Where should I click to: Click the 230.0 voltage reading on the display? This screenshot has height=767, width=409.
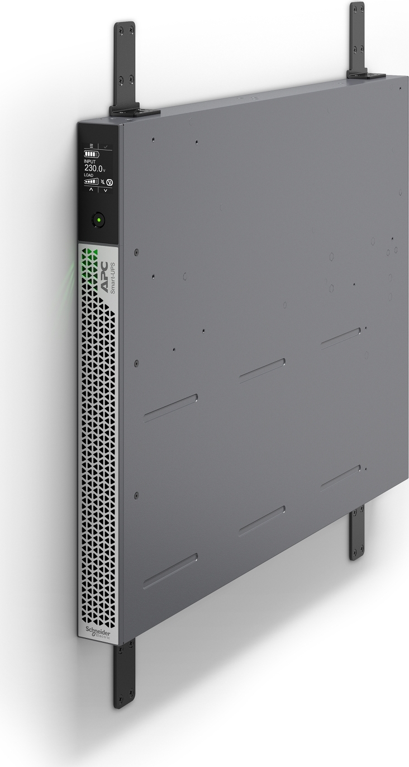coord(94,168)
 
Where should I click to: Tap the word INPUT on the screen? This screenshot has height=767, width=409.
coord(90,161)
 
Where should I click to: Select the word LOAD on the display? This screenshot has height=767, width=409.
coord(89,176)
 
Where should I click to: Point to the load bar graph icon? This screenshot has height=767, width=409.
coord(91,181)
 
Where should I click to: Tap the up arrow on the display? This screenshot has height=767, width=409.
coord(91,190)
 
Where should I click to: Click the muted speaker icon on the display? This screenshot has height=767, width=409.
coord(102,181)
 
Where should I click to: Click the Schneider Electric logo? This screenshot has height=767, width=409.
coord(98,632)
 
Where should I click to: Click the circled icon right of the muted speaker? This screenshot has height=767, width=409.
coord(110,182)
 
